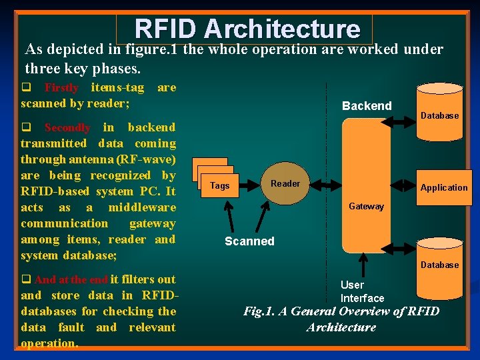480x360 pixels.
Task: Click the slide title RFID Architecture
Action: pos(247,29)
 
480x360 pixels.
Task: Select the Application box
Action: pos(443,187)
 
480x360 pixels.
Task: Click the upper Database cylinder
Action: pos(439,112)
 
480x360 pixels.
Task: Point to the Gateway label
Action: pos(366,207)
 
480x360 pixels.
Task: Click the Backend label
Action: pos(367,106)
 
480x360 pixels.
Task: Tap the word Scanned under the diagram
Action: pos(249,241)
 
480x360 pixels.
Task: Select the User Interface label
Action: pos(362,291)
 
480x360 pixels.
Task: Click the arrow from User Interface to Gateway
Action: pos(363,263)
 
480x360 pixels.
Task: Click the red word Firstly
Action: pos(61,88)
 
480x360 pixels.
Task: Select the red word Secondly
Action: pos(67,127)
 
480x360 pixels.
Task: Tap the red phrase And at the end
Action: pos(71,279)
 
